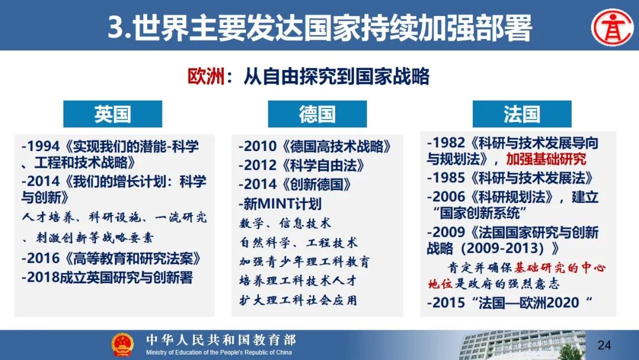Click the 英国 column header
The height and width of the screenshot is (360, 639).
[x=112, y=114]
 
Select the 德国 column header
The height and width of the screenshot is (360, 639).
[x=317, y=114]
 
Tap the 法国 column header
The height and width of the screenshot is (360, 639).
[x=522, y=114]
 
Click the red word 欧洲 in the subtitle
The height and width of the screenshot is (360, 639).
[x=206, y=76]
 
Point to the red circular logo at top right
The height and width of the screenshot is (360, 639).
[x=612, y=27]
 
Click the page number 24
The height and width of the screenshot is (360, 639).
[x=604, y=345]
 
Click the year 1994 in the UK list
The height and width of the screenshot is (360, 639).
[x=43, y=146]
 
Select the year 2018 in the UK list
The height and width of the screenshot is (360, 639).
[x=43, y=278]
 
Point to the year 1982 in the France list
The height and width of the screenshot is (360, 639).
[x=448, y=143]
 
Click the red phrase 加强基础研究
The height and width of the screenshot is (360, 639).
[x=546, y=159]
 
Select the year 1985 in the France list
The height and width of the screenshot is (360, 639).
[x=448, y=178]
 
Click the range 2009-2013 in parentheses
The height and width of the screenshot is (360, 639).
[x=505, y=248]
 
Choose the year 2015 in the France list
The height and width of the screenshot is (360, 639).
[x=448, y=303]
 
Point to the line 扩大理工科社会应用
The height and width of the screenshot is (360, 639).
[x=298, y=300]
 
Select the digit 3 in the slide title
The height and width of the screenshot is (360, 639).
[x=116, y=28]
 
